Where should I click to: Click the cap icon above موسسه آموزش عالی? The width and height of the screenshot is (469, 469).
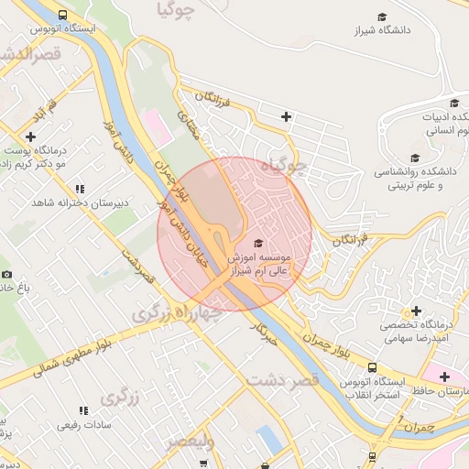pos(257,243)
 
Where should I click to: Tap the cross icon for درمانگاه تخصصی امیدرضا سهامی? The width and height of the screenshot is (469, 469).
pos(417,311)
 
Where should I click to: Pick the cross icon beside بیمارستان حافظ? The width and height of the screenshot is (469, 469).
pos(444,376)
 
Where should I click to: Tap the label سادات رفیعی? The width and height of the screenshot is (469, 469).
pos(83,424)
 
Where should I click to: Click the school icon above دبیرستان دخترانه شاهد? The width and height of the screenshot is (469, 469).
pos(80,188)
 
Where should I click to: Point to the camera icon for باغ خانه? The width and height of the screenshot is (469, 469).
pos(6,274)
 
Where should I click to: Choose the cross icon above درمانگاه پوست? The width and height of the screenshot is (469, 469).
pos(31,136)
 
